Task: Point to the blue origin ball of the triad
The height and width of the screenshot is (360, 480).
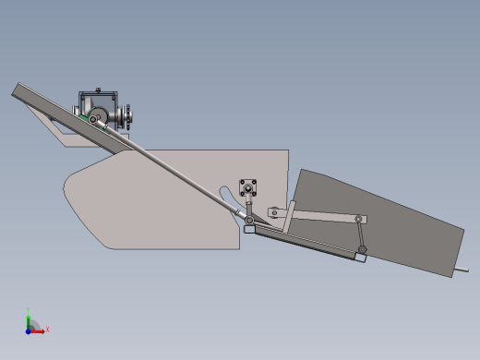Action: point(30,329)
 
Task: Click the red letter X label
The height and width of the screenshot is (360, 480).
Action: point(47,329)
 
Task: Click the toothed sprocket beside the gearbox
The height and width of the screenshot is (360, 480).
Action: point(131,116)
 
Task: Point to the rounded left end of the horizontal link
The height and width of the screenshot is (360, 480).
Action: point(272,212)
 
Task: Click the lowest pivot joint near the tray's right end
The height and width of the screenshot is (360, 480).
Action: point(364,249)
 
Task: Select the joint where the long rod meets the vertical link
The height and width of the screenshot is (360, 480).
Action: point(248,219)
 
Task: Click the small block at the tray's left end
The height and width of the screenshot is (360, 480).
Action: point(248,230)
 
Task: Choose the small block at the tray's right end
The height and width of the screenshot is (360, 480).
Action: point(360,258)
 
